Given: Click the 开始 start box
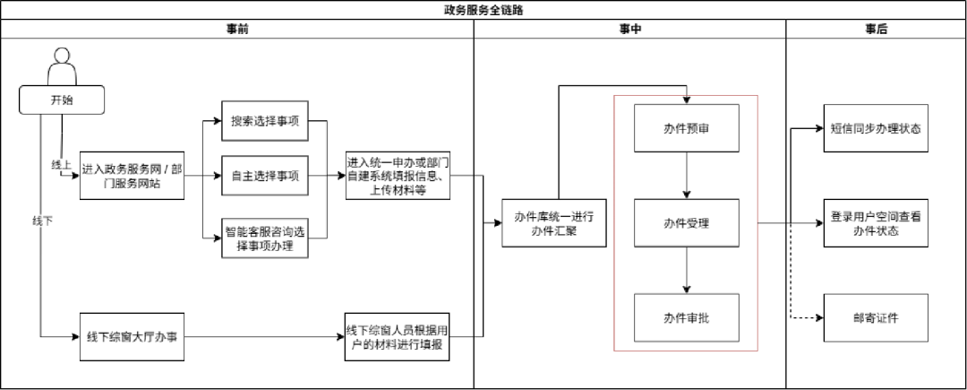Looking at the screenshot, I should coord(62,100).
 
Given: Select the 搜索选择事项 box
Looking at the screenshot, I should coord(265,121).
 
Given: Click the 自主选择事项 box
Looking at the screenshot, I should coord(265,175).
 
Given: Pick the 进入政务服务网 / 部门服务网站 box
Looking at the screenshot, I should coord(132,175).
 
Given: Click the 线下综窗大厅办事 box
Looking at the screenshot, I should coord(132,336).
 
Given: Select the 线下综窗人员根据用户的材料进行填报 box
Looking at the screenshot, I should coord(397,337).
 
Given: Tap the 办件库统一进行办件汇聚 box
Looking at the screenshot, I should coord(554,223).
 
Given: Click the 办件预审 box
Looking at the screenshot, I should coord(687,128).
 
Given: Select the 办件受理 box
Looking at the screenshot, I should coord(687,222).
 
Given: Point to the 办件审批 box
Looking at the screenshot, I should coord(687,317).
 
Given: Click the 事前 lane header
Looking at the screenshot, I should coord(237,29).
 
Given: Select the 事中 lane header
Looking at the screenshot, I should coord(629,29).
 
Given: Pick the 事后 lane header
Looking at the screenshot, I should coord(876,29).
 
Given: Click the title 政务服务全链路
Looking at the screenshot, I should coord(483,10).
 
